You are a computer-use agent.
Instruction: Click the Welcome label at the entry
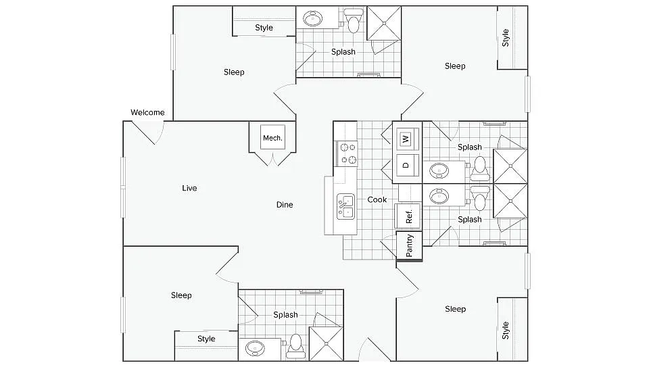[147, 112]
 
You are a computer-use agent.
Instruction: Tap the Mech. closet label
[272, 139]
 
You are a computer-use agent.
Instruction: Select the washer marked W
[406, 139]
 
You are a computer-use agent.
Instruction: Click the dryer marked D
[406, 164]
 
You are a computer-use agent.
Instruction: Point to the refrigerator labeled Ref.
[408, 217]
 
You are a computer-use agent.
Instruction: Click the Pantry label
[410, 245]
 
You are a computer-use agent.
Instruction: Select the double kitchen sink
[345, 205]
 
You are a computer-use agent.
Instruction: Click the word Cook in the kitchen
[377, 199]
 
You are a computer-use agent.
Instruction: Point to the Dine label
[285, 204]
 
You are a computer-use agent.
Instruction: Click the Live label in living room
[189, 188]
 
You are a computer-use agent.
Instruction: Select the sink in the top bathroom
[313, 18]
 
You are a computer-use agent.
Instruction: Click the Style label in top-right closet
[505, 37]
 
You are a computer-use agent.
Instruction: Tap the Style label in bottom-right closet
[505, 331]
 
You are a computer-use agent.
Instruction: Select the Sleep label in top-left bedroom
[234, 72]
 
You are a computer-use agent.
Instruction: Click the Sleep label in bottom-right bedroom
[455, 309]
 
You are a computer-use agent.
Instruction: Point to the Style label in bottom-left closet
[206, 339]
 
